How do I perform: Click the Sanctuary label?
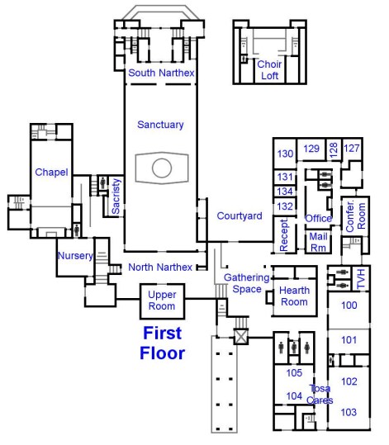160,125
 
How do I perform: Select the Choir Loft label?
269,70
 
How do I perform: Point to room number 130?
285,154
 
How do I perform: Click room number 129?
311,149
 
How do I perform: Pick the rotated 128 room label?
334,150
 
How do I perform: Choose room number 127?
352,148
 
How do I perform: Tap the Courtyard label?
240,216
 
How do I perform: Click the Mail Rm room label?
318,242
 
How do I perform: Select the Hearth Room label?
294,296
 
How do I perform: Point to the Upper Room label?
162,301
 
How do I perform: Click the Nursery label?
75,256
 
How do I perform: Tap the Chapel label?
51,173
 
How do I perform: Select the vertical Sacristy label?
116,196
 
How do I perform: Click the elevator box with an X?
241,337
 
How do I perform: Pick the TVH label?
361,279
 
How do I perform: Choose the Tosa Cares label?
320,394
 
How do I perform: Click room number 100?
349,305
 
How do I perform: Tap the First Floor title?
163,343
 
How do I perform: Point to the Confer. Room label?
355,216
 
